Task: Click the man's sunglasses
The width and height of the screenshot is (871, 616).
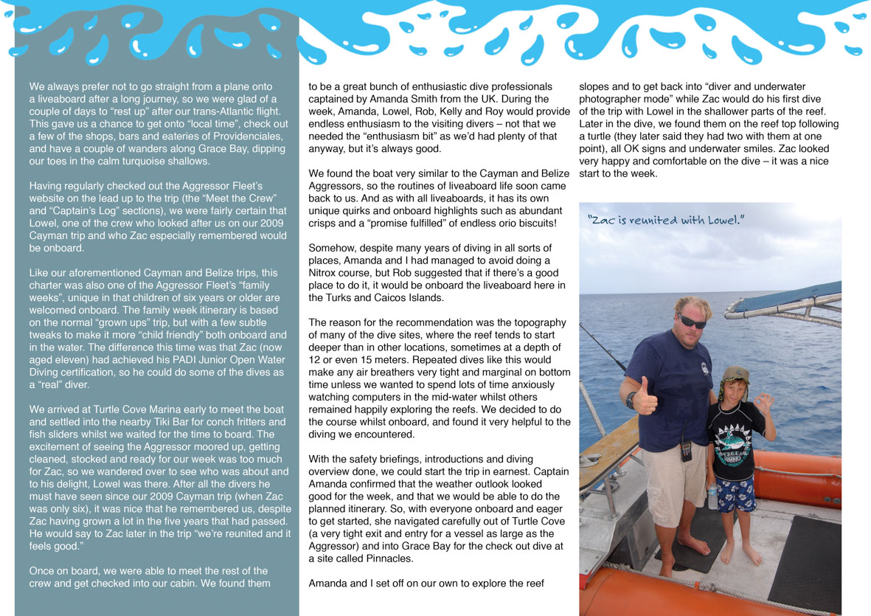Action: (692, 322)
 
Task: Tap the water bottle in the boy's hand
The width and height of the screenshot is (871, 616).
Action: (712, 496)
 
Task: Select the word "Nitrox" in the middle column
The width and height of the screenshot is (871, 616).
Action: (323, 273)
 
